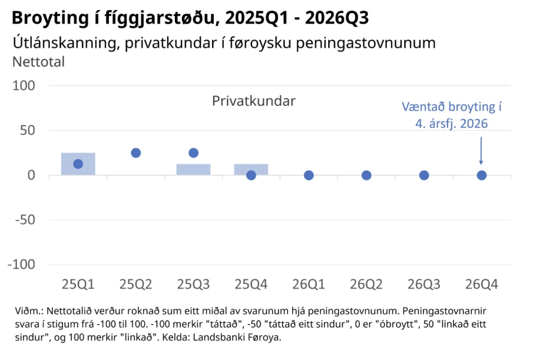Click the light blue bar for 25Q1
tap(78, 164)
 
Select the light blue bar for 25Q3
tap(193, 170)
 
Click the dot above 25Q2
tap(135, 153)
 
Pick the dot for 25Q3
tap(193, 153)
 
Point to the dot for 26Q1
tap(308, 176)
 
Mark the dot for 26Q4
tap(481, 176)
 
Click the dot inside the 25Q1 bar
tap(78, 164)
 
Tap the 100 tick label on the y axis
tap(24, 86)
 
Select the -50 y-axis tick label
tap(25, 220)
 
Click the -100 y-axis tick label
tap(22, 265)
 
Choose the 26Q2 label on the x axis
tap(367, 284)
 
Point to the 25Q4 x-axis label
tap(251, 284)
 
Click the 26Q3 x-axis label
tap(424, 284)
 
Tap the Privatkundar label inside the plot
tap(254, 101)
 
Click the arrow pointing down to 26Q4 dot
tap(481, 150)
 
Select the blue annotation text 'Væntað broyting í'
tap(452, 107)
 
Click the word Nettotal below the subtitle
tap(38, 62)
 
